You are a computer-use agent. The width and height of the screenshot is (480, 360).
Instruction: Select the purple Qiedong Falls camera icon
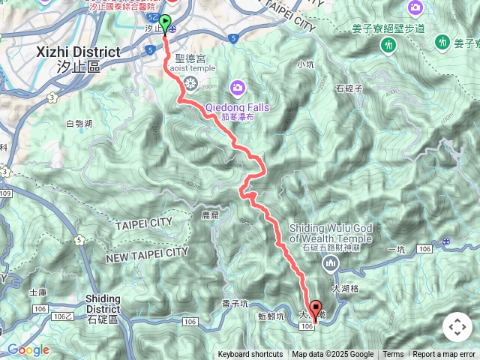pyautogui.click(x=238, y=88)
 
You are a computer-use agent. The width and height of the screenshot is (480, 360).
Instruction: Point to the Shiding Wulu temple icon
pyautogui.click(x=331, y=263)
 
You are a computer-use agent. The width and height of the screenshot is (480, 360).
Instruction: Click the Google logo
pyautogui.click(x=28, y=349)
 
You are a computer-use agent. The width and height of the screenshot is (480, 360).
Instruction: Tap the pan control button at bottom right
pyautogui.click(x=457, y=327)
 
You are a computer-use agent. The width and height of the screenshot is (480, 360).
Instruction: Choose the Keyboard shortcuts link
pyautogui.click(x=250, y=355)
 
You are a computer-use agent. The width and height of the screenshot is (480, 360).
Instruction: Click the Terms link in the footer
pyautogui.click(x=393, y=355)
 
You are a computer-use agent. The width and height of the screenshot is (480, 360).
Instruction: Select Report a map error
pyautogui.click(x=444, y=355)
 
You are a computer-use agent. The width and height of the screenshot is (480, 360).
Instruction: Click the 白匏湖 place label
pyautogui.click(x=79, y=124)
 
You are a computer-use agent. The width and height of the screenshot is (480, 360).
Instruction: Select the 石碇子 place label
pyautogui.click(x=349, y=88)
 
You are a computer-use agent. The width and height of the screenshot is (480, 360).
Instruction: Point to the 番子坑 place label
pyautogui.click(x=235, y=304)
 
